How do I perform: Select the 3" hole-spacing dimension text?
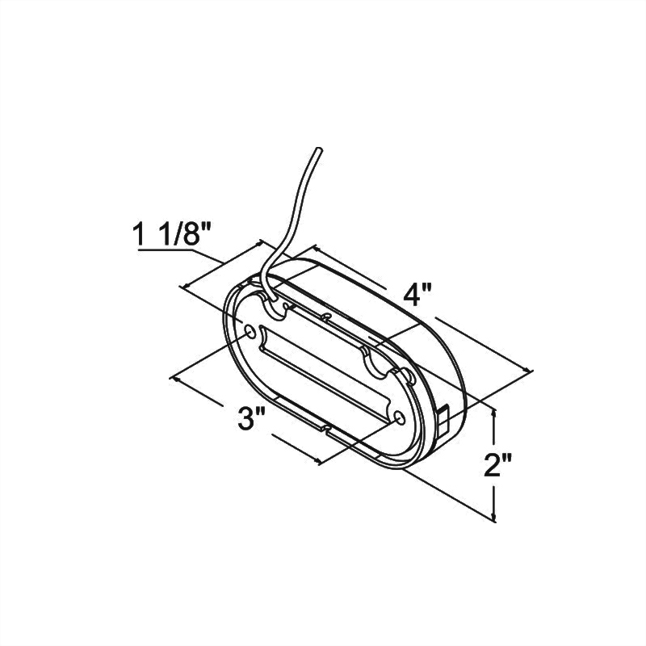click(x=252, y=420)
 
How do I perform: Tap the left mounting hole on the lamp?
click(x=250, y=332)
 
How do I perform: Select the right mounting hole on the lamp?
click(x=402, y=417)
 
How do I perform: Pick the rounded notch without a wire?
click(x=377, y=365)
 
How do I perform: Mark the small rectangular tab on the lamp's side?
click(x=444, y=415)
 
